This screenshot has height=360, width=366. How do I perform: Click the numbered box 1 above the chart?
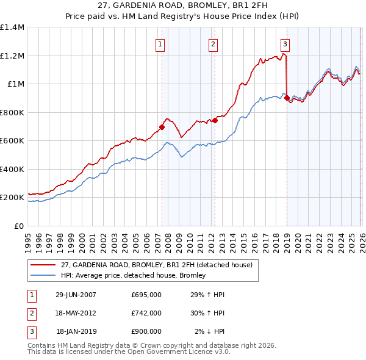click(160, 43)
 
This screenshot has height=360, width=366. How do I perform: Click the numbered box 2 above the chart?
click(213, 43)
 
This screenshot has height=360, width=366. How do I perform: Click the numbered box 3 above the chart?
click(285, 43)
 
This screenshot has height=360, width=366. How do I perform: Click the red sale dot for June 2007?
click(162, 128)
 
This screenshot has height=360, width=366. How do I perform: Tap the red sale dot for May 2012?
click(215, 121)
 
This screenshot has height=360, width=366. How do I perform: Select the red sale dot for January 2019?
click(287, 98)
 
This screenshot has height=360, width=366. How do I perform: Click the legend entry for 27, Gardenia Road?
click(160, 264)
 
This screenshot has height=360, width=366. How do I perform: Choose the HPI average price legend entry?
click(133, 275)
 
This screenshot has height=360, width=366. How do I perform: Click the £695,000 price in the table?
click(146, 295)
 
